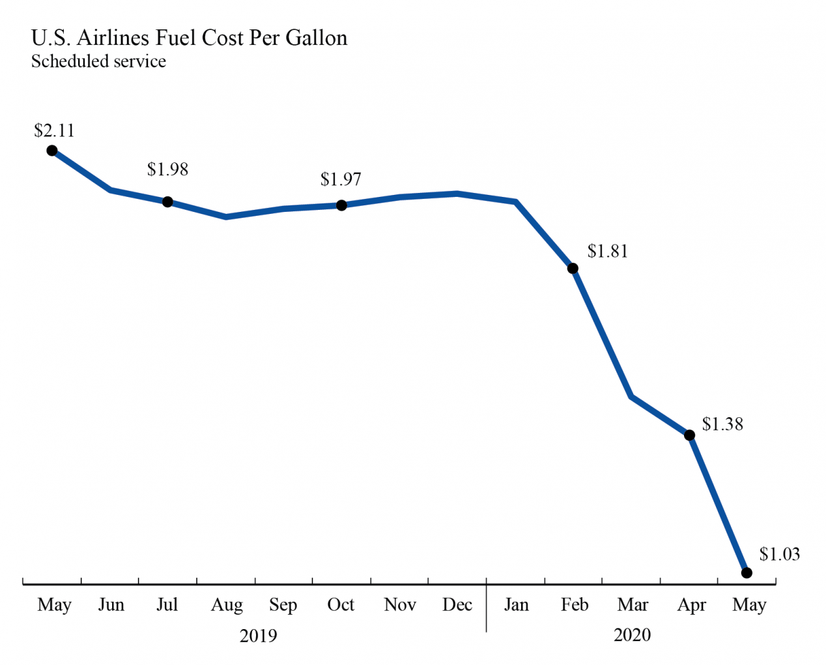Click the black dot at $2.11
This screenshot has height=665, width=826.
[x=52, y=151]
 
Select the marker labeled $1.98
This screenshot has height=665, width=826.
[x=167, y=202]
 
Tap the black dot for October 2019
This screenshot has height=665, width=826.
[x=341, y=205]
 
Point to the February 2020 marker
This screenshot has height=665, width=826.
[x=573, y=269]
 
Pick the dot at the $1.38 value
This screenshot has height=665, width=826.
[x=689, y=435]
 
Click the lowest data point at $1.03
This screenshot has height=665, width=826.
[x=747, y=573]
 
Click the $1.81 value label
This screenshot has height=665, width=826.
[x=607, y=252]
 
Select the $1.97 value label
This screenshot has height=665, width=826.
[x=340, y=179]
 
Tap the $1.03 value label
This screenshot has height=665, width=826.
[x=779, y=554]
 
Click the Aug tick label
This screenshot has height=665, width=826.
[x=226, y=605]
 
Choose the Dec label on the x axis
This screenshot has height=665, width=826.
[x=457, y=605]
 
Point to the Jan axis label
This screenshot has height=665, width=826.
[x=516, y=605]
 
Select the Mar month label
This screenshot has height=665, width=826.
[x=633, y=605]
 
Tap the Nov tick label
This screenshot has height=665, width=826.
[x=399, y=605]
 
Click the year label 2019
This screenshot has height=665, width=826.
[x=258, y=635]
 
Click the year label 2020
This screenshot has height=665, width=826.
[x=632, y=635]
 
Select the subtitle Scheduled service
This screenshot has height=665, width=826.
[x=98, y=61]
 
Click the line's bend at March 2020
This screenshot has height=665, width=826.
[x=632, y=396]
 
